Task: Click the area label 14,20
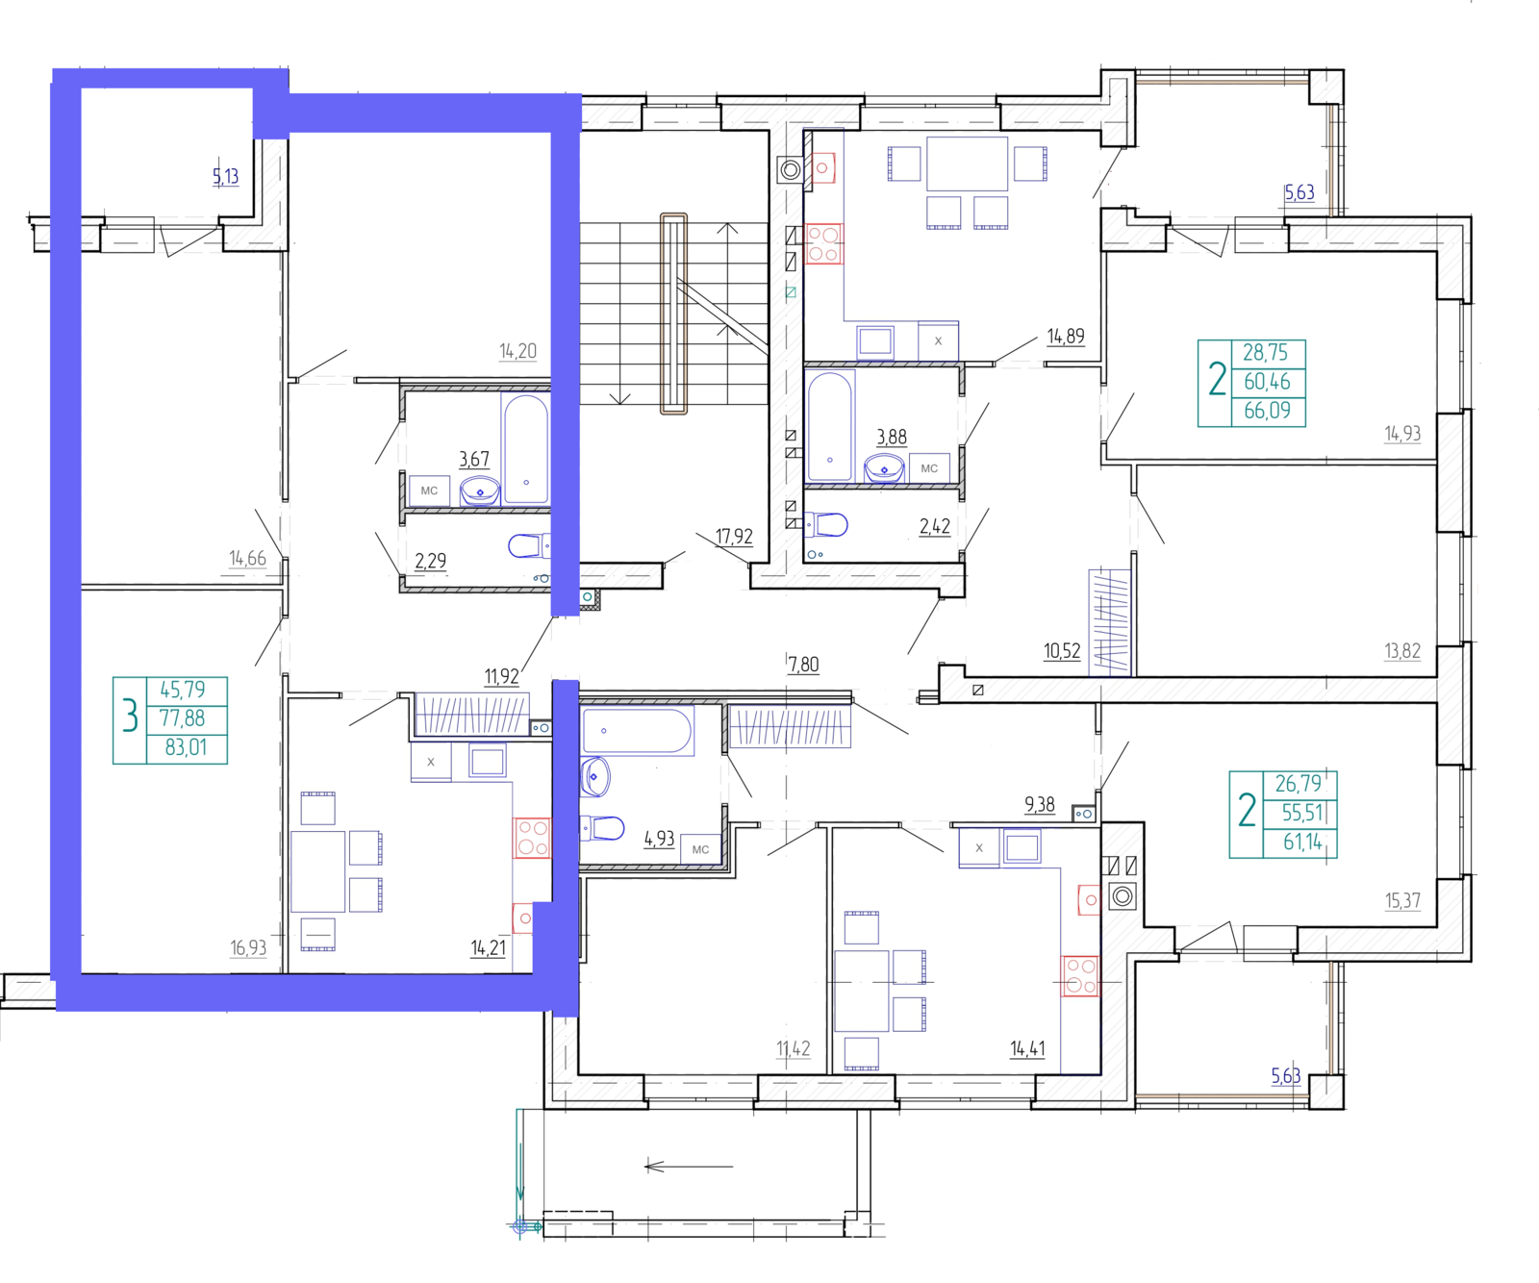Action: (x=517, y=351)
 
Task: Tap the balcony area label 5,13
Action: (x=225, y=176)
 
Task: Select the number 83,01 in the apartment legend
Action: (x=186, y=747)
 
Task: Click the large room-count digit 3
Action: (x=130, y=717)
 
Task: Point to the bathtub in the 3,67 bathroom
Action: (x=525, y=449)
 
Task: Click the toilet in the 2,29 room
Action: (x=527, y=546)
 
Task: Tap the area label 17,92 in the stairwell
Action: (x=734, y=537)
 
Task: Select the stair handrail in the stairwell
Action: (x=673, y=314)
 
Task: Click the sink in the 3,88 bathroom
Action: (x=884, y=468)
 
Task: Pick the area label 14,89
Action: (x=1066, y=336)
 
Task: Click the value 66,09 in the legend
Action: (x=1267, y=411)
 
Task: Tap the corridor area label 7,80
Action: (x=803, y=665)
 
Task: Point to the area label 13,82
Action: (x=1402, y=651)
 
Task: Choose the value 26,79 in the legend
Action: (x=1298, y=784)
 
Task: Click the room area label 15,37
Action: (x=1402, y=901)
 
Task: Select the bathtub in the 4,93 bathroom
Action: (x=637, y=731)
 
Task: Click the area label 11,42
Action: (x=794, y=1048)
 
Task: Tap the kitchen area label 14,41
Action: (x=1027, y=1048)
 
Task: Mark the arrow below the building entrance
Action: (x=689, y=1167)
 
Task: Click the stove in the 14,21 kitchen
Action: (x=532, y=837)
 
